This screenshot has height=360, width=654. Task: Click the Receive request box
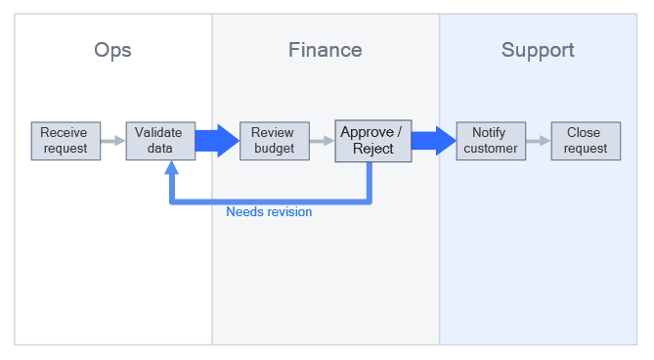[65, 141]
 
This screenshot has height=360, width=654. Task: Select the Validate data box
[160, 141]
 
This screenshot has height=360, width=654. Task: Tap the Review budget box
[274, 141]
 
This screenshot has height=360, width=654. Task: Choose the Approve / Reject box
[372, 141]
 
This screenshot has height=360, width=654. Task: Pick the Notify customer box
[491, 141]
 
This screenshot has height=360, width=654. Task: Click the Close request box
[586, 141]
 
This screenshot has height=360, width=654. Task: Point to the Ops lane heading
[113, 50]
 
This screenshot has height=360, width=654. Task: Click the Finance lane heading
[326, 50]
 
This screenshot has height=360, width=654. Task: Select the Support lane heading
[538, 50]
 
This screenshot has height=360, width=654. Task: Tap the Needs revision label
[269, 211]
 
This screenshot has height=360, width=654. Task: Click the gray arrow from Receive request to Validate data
[113, 141]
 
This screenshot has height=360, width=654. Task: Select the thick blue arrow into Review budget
[217, 141]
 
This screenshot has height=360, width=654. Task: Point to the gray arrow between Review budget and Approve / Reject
[322, 141]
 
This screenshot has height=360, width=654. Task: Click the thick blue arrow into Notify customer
[433, 141]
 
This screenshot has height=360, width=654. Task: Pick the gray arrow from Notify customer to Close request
[539, 141]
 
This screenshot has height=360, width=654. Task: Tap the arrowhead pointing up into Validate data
[173, 167]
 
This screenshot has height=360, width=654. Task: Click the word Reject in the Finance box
[373, 149]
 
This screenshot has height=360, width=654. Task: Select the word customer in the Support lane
[491, 149]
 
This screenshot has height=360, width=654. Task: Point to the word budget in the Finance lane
[274, 149]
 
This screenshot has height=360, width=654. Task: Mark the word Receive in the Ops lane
[65, 133]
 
